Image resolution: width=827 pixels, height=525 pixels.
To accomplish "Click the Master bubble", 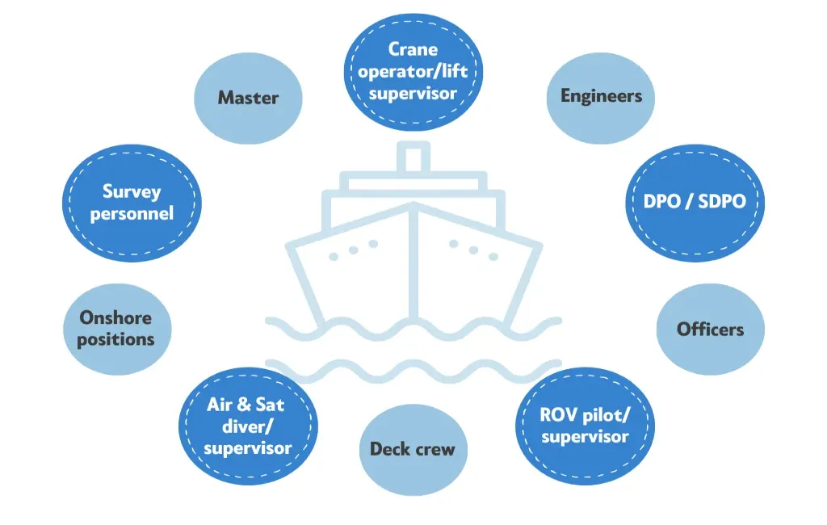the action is (x=248, y=99).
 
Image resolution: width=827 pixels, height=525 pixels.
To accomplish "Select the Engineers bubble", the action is (x=601, y=99).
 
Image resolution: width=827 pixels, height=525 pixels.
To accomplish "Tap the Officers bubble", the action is (x=711, y=330).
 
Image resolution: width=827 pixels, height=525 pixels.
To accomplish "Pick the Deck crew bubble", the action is (x=413, y=450).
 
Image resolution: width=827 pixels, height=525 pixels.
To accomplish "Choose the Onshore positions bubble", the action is (x=117, y=330).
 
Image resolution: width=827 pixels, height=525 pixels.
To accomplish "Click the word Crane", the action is (x=413, y=49).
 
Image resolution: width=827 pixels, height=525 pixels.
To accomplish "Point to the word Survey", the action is (x=132, y=191).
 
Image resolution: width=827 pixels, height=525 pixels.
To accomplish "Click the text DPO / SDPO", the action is (x=695, y=201).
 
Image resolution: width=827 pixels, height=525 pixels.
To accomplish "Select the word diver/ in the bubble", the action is (x=248, y=426).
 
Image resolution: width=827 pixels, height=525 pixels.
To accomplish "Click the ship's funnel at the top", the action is (x=413, y=157).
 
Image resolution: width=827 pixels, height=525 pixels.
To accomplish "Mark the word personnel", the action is (x=132, y=214).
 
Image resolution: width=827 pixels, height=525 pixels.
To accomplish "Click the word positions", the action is (x=116, y=340).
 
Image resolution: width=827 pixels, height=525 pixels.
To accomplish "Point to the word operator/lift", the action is (x=413, y=71).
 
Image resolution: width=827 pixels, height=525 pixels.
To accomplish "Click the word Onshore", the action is (x=115, y=317).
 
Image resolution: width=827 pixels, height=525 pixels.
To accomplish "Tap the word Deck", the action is (x=388, y=449).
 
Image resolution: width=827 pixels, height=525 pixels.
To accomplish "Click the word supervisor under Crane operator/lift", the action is (x=413, y=94).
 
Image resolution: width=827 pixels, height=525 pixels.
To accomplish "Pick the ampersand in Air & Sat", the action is (x=244, y=405).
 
